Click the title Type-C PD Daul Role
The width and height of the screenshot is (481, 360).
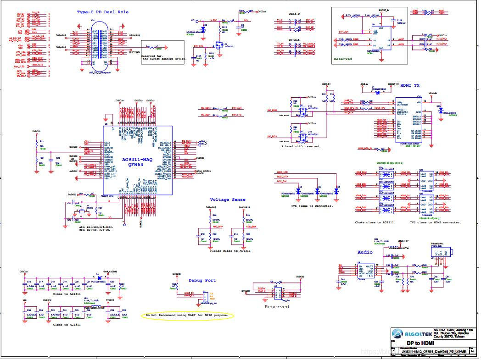(103, 12)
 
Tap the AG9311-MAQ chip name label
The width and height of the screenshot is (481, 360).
(137, 160)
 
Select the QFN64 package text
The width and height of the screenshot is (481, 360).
(137, 165)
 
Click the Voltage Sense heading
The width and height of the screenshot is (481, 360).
(228, 199)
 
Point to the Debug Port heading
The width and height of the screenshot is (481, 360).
(202, 280)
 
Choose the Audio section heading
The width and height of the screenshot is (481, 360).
(365, 252)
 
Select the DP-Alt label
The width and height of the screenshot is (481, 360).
(294, 40)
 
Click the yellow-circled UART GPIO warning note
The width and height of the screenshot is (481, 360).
(187, 316)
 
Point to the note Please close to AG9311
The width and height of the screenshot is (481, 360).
(230, 251)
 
